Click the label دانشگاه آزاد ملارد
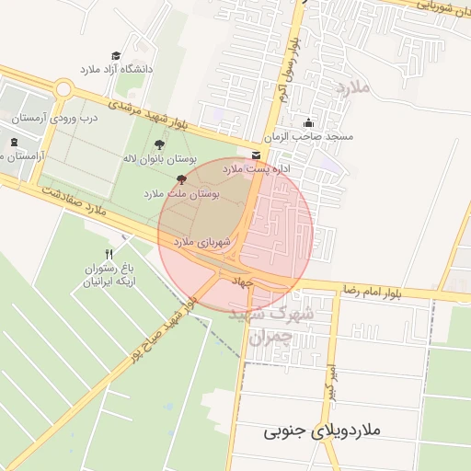pos(116,69)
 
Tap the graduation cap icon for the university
pos(116,56)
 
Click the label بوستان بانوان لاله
pos(156,159)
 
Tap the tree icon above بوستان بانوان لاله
pos(159,144)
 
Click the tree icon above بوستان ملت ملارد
pos(180,180)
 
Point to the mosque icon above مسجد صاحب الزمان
pos(308,123)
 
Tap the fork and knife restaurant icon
pos(109,254)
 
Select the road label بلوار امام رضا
pos(374,293)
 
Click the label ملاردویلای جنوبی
pos(320,431)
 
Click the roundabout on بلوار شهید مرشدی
pos(63,89)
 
